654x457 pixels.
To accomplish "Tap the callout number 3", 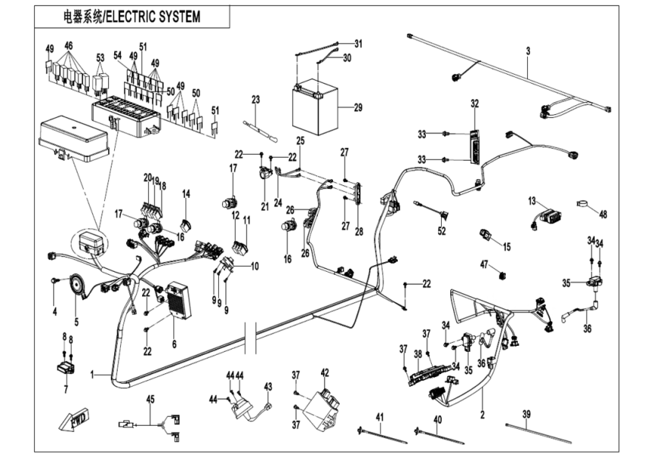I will point(527,51).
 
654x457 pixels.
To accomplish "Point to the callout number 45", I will point(150,398).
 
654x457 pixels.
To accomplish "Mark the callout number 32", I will point(475,103).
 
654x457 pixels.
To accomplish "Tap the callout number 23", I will point(256,100).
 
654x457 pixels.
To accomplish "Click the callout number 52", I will point(442,230).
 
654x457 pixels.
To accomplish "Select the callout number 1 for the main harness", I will point(94,375).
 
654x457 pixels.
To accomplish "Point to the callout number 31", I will point(358,43).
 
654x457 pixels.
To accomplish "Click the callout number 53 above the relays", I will point(100,58).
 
